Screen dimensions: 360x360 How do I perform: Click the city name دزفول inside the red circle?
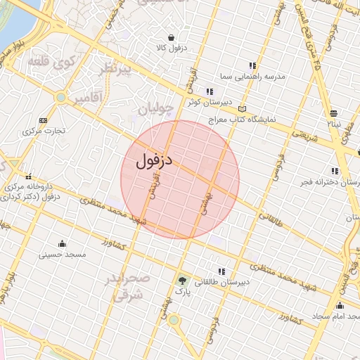pyautogui.click(x=152, y=160)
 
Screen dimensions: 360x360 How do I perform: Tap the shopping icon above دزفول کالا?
pyautogui.click(x=171, y=37)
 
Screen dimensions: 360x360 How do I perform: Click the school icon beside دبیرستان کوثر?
pyautogui.click(x=210, y=91)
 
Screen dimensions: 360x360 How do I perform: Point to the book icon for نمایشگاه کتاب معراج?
pyautogui.click(x=243, y=109)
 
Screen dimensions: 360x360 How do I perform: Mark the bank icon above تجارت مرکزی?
pyautogui.click(x=44, y=120)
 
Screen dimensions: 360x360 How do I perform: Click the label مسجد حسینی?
pyautogui.click(x=64, y=254)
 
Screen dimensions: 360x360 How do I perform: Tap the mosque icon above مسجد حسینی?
pyautogui.click(x=63, y=244)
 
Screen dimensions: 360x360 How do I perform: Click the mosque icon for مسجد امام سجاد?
pyautogui.click(x=340, y=305)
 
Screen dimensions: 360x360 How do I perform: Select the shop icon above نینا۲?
pyautogui.click(x=333, y=112)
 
